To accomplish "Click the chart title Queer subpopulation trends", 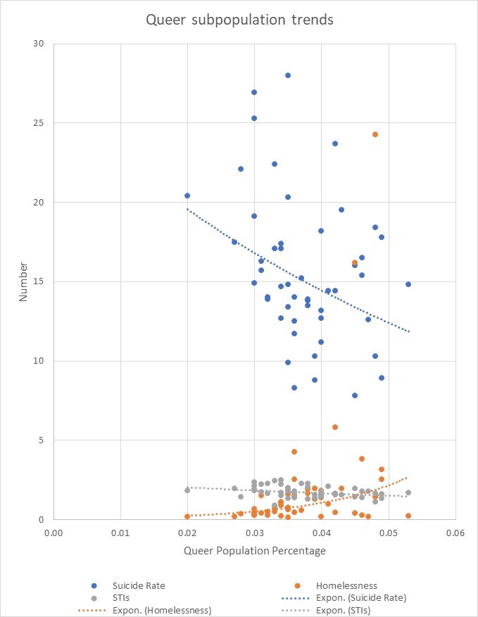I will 239,20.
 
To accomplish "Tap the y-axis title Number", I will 23,281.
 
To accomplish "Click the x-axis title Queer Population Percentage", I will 255,551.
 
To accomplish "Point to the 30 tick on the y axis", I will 38,44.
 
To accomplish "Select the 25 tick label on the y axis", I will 38,123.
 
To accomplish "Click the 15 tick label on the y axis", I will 38,281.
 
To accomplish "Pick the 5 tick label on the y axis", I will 41,440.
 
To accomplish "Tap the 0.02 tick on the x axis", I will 187,532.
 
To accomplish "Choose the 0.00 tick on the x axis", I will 54,532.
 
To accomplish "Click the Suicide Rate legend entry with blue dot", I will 139,585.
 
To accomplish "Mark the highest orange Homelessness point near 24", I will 375,134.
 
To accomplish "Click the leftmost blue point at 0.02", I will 187,196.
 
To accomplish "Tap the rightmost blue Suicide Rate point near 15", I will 408,284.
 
